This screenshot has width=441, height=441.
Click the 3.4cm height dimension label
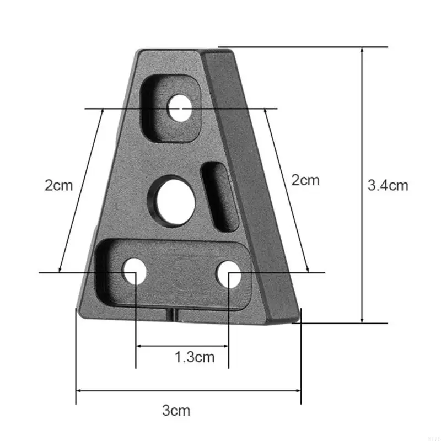pyautogui.click(x=388, y=185)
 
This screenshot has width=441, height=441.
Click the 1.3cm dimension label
pyautogui.click(x=194, y=357)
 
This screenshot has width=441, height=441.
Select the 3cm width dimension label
pyautogui.click(x=176, y=411)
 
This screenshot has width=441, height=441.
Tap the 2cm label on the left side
pyautogui.click(x=58, y=185)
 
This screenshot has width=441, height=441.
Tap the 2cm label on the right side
pyautogui.click(x=305, y=180)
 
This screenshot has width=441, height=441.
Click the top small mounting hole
pyautogui.click(x=180, y=107)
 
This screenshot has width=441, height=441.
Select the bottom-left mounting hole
pyautogui.click(x=135, y=272)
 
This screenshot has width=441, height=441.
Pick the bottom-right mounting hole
pyautogui.click(x=228, y=274)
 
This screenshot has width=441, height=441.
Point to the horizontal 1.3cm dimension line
pyautogui.click(x=182, y=346)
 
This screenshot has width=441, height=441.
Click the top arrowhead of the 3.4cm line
pyautogui.click(x=362, y=51)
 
